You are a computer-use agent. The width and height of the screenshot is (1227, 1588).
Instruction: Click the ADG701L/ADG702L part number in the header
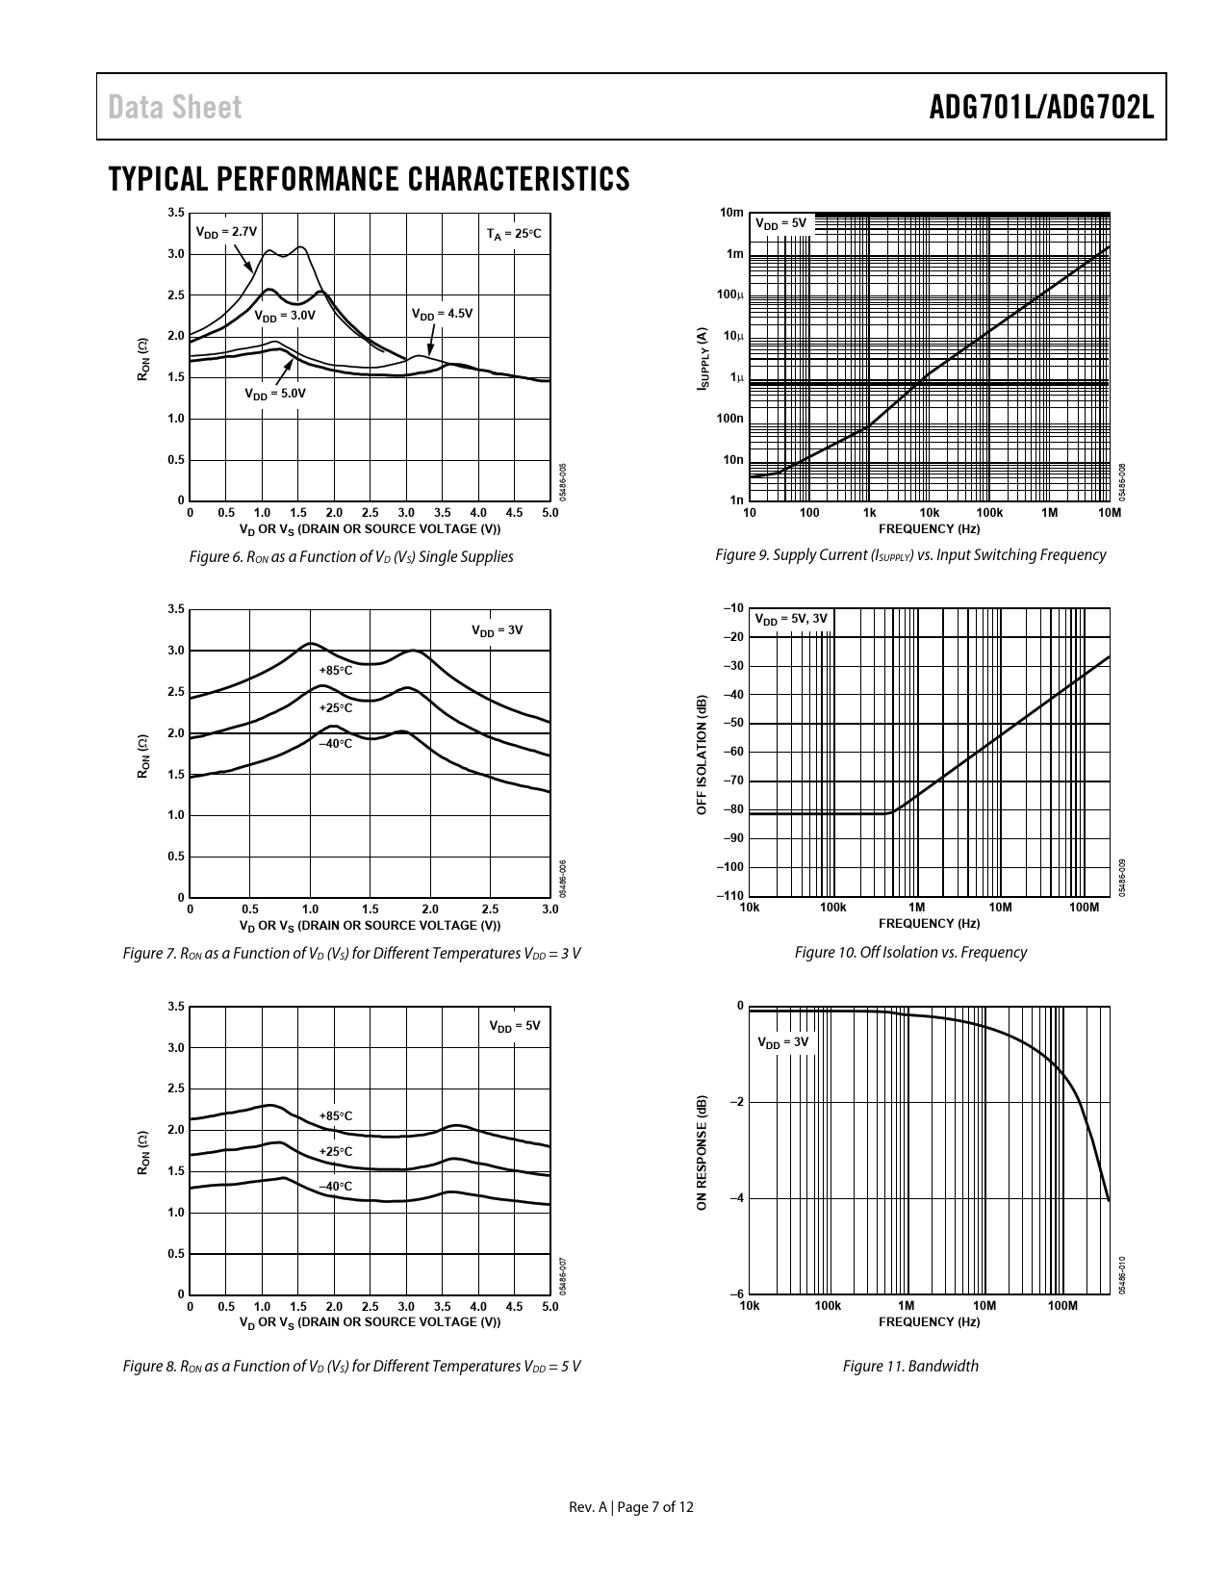coord(1041,108)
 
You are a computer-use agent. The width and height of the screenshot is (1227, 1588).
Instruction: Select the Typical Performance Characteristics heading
coord(370,179)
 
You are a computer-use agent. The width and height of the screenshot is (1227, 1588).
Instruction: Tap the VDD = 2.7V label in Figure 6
coord(226,232)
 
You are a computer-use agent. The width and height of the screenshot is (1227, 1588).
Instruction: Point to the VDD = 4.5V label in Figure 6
coord(442,314)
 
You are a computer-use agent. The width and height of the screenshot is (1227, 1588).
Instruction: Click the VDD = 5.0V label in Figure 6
coord(274,394)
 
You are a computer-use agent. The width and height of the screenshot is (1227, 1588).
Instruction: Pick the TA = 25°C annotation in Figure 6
coord(514,234)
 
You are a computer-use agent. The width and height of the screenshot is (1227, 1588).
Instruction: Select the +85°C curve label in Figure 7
coord(336,670)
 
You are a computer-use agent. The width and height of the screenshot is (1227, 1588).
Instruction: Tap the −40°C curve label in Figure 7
coord(336,744)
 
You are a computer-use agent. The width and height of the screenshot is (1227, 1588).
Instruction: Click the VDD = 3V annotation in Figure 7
coord(497,630)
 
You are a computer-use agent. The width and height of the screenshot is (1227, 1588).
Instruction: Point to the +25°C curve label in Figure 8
coord(336,1152)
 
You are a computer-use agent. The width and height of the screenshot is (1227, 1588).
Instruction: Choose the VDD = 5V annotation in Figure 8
coord(515,1026)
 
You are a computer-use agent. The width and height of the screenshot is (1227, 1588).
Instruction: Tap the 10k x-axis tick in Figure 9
coord(929,514)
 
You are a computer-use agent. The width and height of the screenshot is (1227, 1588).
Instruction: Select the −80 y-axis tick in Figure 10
coord(731,809)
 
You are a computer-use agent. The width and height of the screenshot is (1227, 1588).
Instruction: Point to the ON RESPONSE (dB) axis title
coord(703,1151)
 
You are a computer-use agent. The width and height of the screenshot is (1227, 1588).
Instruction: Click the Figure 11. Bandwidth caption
coord(910,1366)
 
